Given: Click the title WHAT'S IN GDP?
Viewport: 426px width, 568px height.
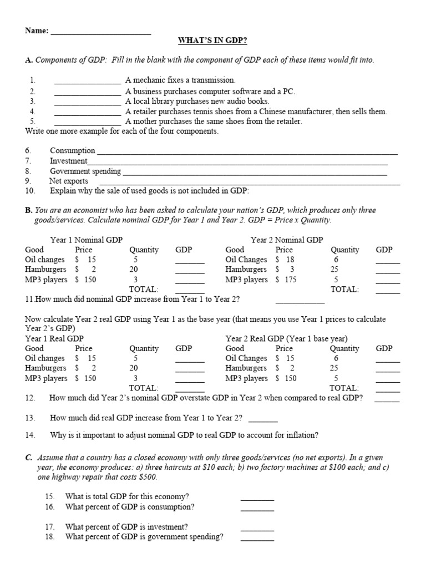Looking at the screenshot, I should (212, 40).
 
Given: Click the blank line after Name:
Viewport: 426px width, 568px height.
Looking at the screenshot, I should (100, 32).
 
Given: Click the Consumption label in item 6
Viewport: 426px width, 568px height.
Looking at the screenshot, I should (72, 150).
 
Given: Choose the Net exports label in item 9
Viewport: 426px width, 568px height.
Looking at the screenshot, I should (69, 181).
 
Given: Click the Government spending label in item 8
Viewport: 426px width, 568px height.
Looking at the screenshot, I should (85, 171).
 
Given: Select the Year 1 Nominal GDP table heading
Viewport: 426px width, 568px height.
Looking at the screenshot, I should (86, 240).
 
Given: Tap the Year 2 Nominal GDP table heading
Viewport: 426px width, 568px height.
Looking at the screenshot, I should (286, 240).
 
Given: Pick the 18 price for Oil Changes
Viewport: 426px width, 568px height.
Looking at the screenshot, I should (290, 260).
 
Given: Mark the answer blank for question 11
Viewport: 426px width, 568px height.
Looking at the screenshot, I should (300, 302).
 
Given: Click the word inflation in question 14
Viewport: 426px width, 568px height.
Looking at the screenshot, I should (301, 435).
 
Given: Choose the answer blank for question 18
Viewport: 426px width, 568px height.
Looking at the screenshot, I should (257, 539).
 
